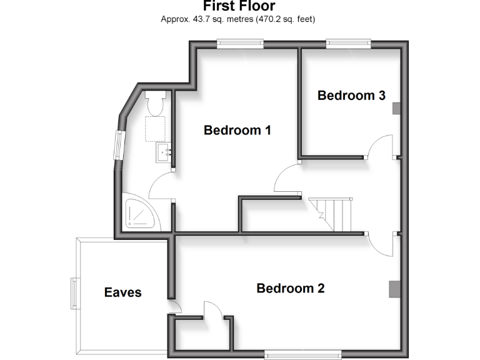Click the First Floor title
coord(239,6)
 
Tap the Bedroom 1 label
coord(237,131)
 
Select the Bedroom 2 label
coord(291,289)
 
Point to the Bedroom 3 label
coord(351,96)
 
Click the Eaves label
coord(123,292)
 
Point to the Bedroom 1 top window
coord(240,43)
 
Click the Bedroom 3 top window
coord(348,43)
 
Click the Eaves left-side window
coord(74,293)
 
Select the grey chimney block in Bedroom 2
coord(394,289)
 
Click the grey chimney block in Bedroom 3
coord(396,108)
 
